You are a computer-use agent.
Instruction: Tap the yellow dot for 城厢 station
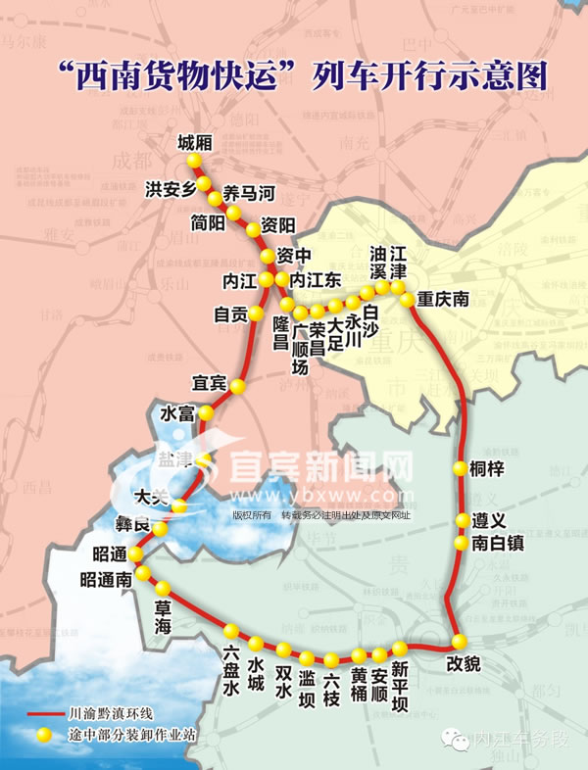pyautogui.click(x=194, y=161)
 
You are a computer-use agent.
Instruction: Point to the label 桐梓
pyautogui.click(x=486, y=469)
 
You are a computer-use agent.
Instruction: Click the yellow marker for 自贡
pyautogui.click(x=256, y=313)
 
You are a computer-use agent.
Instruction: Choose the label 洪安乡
pyautogui.click(x=171, y=189)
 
